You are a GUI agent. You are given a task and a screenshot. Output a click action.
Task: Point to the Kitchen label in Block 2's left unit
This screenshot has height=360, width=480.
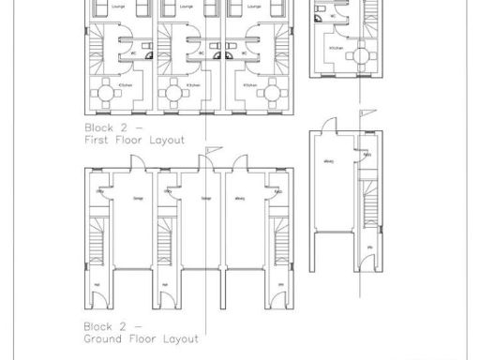click(125, 85)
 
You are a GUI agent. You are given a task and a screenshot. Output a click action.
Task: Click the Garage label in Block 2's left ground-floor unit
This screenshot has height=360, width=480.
click(138, 199)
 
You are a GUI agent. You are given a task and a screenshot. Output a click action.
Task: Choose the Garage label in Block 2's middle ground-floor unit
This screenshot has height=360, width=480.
click(206, 199)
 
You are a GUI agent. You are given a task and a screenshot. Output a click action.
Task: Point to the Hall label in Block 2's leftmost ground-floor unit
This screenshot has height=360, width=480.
click(98, 285)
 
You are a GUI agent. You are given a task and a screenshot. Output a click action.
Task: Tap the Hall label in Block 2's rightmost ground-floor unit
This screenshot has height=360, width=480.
click(281, 285)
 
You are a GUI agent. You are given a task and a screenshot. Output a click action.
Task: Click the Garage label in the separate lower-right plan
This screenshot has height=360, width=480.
click(329, 162)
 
